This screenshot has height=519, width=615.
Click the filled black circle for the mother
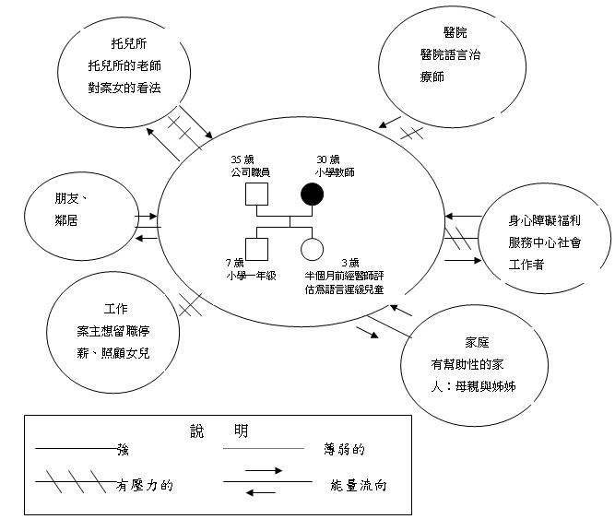point(312,195)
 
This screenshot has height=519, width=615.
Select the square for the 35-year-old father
point(255,195)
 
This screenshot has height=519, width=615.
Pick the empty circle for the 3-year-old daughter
point(312,250)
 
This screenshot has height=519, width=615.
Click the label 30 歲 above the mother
point(328,159)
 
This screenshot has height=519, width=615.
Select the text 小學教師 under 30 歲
point(335,172)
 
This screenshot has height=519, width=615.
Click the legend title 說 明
point(215,431)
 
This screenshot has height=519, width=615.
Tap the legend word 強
point(122,450)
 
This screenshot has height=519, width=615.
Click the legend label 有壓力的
point(147,484)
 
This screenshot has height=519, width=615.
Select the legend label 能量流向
point(357,484)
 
